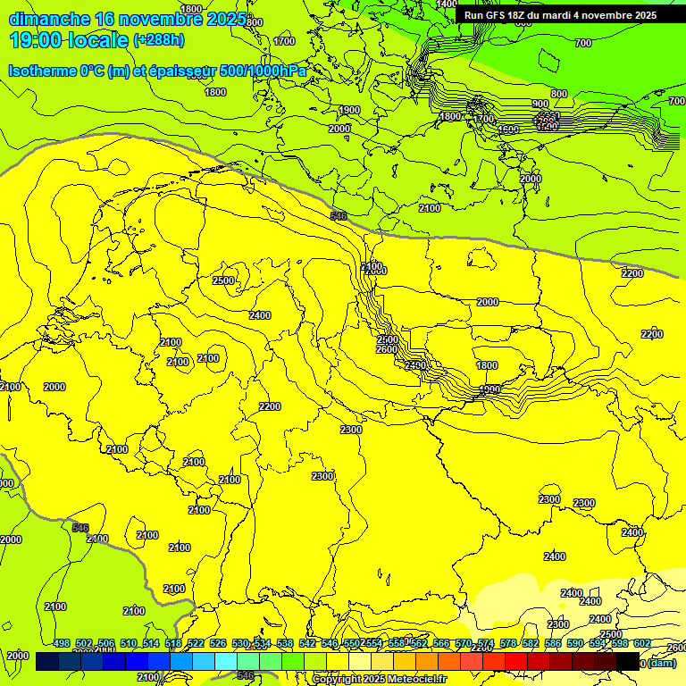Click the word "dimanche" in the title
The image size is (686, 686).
coord(48,19)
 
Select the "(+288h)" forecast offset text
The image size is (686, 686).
coord(158,39)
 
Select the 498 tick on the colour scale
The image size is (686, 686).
coord(61,643)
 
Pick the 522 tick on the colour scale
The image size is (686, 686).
coord(195,643)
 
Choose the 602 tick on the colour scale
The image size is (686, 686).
coord(643,643)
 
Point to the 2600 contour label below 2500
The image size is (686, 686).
coord(387,349)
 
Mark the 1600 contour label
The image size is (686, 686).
coord(508,130)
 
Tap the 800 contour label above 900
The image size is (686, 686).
coord(559,94)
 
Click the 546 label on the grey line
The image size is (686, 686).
coord(339,216)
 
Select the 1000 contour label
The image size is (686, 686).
coord(489,389)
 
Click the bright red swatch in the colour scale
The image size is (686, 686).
coord(515,662)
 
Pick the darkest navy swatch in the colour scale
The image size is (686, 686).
coord(46,662)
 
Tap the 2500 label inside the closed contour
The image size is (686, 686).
coord(223,280)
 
